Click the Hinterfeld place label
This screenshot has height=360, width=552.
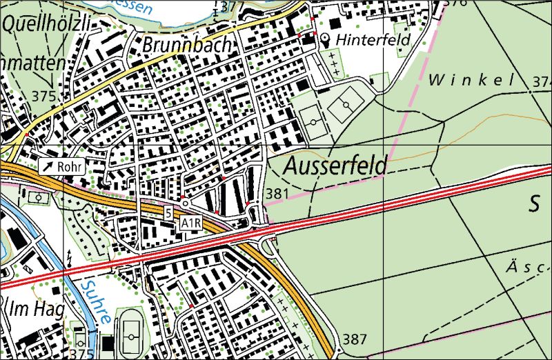373,40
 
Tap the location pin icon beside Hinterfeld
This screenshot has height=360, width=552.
325,39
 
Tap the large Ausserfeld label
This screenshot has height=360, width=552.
335,166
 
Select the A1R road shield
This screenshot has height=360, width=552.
190,223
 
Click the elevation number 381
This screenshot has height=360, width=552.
276,194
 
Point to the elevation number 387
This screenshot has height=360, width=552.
354,339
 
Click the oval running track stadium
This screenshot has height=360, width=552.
130,332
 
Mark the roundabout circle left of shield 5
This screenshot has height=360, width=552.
184,203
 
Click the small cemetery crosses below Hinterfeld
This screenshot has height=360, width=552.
334,68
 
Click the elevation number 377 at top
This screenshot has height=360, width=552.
235,7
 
